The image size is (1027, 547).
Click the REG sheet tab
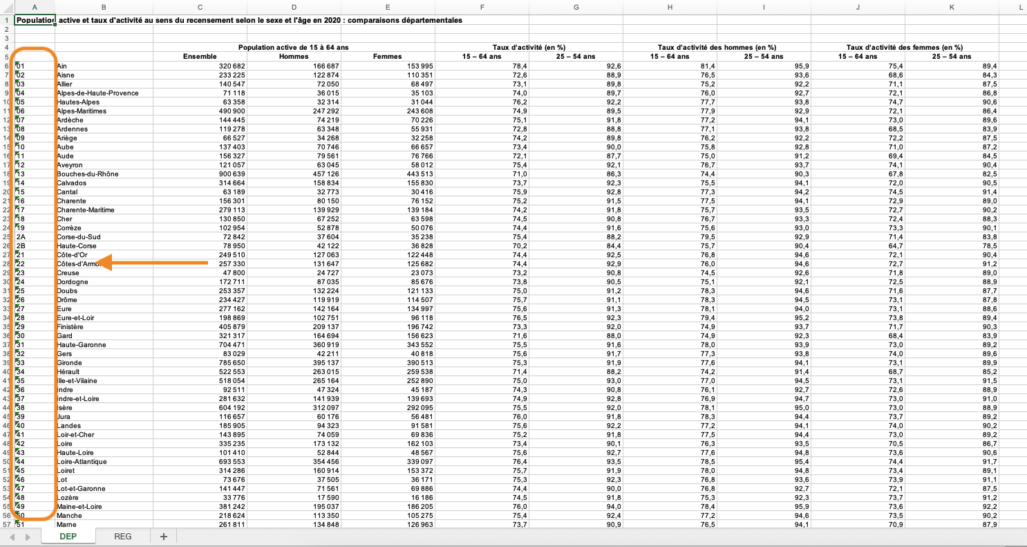(x=122, y=537)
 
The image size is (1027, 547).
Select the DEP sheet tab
(x=68, y=537)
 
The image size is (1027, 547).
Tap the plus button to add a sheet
(x=164, y=537)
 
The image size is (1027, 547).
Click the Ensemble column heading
(x=200, y=57)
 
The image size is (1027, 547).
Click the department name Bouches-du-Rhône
(x=86, y=174)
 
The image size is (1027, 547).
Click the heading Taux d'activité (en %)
(x=529, y=47)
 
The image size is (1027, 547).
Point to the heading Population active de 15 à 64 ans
(x=294, y=47)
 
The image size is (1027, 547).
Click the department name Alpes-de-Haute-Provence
(x=97, y=93)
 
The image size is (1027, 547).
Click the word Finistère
(x=70, y=326)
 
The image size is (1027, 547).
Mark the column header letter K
(x=952, y=7)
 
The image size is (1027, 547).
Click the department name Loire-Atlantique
(x=82, y=461)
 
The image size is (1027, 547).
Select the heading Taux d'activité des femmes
(x=904, y=47)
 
